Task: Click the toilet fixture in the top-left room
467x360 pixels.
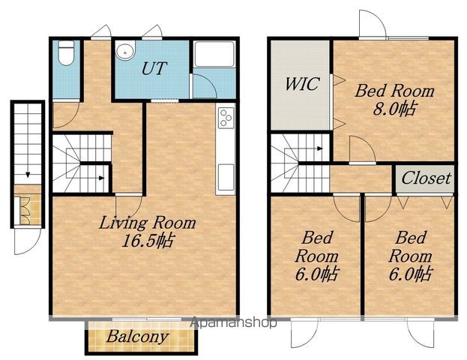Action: tap(66, 52)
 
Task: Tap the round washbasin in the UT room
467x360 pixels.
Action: tap(125, 50)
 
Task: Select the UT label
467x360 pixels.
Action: tap(154, 68)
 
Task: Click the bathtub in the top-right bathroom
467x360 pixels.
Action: tap(214, 54)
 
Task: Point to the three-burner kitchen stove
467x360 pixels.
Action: tap(226, 118)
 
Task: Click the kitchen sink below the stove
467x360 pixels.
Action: tap(226, 178)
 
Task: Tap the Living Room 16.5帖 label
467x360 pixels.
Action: tap(148, 232)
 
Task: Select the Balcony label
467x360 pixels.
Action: tap(137, 337)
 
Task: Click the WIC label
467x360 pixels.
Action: tap(302, 84)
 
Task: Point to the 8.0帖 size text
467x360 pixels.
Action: tap(394, 109)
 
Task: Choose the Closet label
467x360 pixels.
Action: tap(426, 178)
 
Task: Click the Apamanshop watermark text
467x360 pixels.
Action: tap(233, 322)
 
